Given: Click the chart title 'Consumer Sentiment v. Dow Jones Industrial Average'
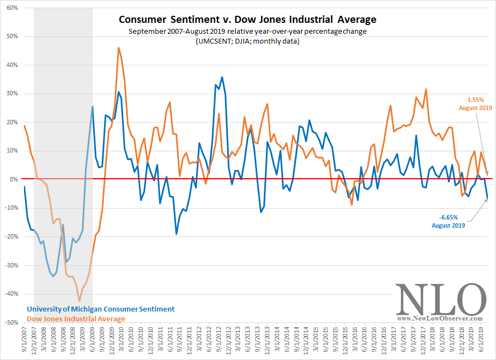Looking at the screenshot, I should point(247,20).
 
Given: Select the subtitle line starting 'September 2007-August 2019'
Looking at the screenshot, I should point(247,31).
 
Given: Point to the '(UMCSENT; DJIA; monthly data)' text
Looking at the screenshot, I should point(247,41).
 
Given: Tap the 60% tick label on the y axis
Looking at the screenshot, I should point(12,8).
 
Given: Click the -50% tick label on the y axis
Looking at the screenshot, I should point(11,322).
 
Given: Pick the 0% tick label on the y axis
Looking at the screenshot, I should point(14,179).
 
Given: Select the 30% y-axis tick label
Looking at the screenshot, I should point(12,94).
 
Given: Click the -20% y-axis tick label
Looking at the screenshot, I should point(11,236).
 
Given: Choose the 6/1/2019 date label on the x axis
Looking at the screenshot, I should point(480,343).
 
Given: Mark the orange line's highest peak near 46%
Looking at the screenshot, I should point(119,47).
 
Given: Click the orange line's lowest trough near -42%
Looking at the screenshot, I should point(80,301).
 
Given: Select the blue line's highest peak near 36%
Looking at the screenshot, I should point(222,77).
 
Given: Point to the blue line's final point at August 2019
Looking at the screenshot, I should point(487,198).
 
